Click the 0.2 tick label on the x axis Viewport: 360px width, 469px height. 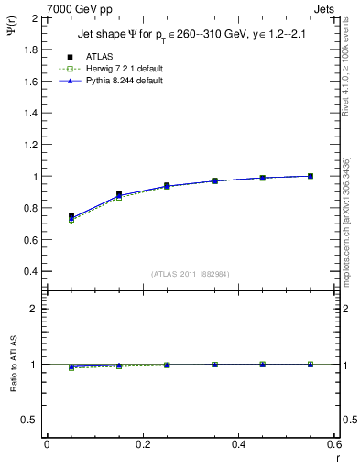click(x=142, y=444)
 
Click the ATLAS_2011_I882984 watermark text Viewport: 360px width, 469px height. click(x=190, y=274)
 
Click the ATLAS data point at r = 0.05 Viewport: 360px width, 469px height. click(x=71, y=216)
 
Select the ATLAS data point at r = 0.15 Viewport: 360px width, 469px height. click(x=118, y=195)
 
